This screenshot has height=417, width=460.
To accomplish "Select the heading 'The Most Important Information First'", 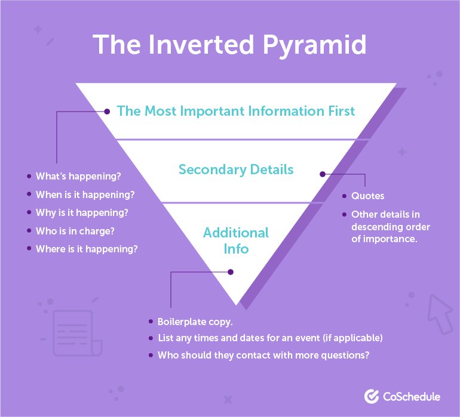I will point(236,111).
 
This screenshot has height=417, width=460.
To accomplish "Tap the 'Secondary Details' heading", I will point(236,169).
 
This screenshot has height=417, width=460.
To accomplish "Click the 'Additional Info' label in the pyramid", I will point(236,240).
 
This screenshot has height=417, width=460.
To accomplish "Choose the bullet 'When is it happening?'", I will point(84,194).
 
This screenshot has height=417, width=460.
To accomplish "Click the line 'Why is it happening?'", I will point(82,212).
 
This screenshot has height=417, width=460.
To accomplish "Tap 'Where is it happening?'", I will point(87,248).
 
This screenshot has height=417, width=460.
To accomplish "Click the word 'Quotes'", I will point(368,196).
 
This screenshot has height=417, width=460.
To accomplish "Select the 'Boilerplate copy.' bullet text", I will point(195,321).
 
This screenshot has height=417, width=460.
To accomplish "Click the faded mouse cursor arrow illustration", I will point(441,313).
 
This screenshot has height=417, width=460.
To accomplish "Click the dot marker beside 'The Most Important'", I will point(108,111).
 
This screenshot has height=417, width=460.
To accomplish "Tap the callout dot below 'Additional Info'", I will point(231,272).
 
